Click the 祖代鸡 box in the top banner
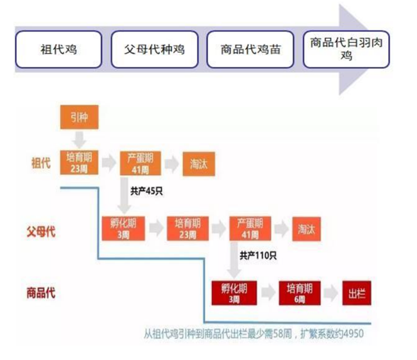59,49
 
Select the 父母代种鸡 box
155,49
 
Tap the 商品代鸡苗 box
250,49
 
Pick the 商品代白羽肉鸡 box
346,49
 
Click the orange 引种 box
79,117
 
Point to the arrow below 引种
79,140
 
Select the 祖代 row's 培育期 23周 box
79,163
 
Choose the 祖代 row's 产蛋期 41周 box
141,163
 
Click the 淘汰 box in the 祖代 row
199,164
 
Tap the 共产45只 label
146,191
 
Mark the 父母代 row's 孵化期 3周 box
124,228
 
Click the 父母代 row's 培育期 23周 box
188,228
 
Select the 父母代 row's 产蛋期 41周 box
250,228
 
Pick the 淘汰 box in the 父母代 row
307,229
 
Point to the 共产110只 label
258,255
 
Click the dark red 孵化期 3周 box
234,293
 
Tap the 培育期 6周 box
300,293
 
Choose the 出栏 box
356,293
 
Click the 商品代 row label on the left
41,293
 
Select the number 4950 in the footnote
353,334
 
